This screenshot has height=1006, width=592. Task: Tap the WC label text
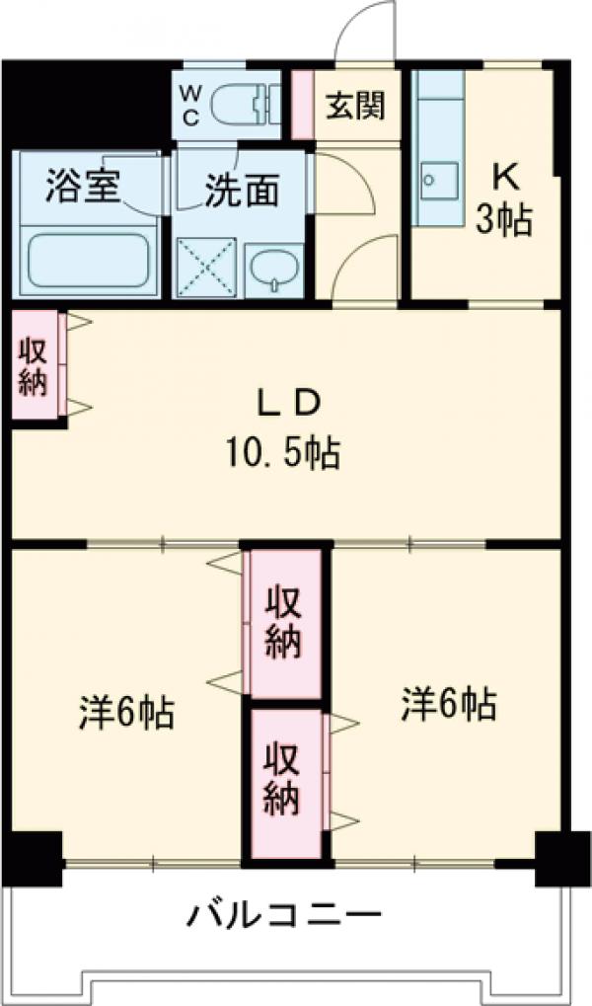pos(191,104)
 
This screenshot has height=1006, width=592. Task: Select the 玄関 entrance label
pos(354,106)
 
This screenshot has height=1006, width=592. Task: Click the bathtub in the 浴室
pos(88,258)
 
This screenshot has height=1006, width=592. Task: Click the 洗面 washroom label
pos(242,191)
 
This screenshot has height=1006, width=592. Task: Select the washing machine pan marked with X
pos(207,267)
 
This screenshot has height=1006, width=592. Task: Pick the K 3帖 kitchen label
pos(504,202)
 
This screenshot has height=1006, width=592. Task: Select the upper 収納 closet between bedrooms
pos(285,624)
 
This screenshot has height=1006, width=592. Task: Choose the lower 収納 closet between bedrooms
pos(285,781)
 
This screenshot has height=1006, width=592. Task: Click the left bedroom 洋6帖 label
pos(126,711)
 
